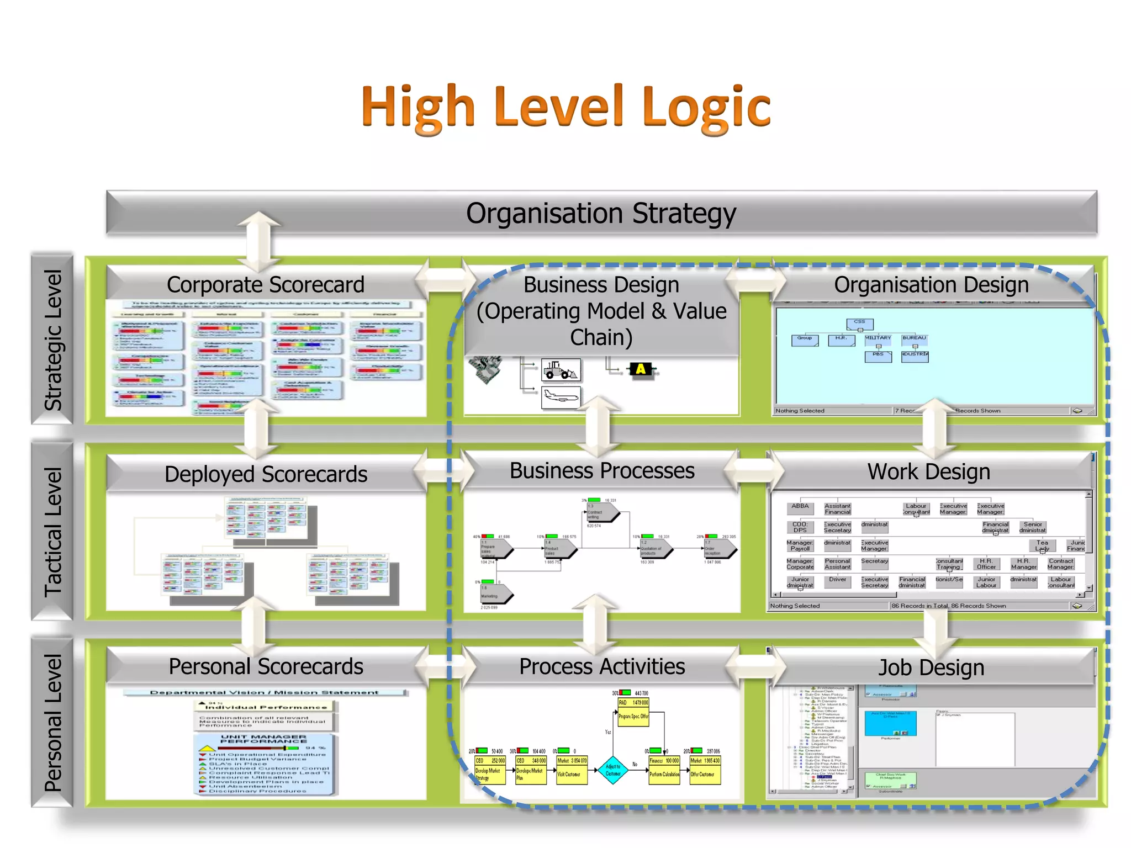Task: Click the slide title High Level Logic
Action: pyautogui.click(x=566, y=107)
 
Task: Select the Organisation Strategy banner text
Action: pyautogui.click(x=601, y=214)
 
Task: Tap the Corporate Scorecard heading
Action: pyautogui.click(x=266, y=285)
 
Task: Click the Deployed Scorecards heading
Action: pyautogui.click(x=266, y=474)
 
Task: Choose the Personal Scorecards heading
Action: pyautogui.click(x=266, y=666)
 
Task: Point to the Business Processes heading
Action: pyautogui.click(x=602, y=471)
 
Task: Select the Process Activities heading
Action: pyautogui.click(x=602, y=666)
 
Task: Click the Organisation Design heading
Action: pyautogui.click(x=931, y=285)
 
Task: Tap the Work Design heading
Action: pyautogui.click(x=928, y=472)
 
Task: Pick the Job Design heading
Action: pyautogui.click(x=931, y=667)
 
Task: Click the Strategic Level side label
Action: pyautogui.click(x=54, y=340)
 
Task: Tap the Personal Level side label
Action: pyautogui.click(x=54, y=723)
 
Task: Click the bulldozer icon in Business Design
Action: pyautogui.click(x=561, y=370)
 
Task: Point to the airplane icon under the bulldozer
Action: pyautogui.click(x=561, y=397)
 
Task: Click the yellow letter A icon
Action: pyautogui.click(x=641, y=369)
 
